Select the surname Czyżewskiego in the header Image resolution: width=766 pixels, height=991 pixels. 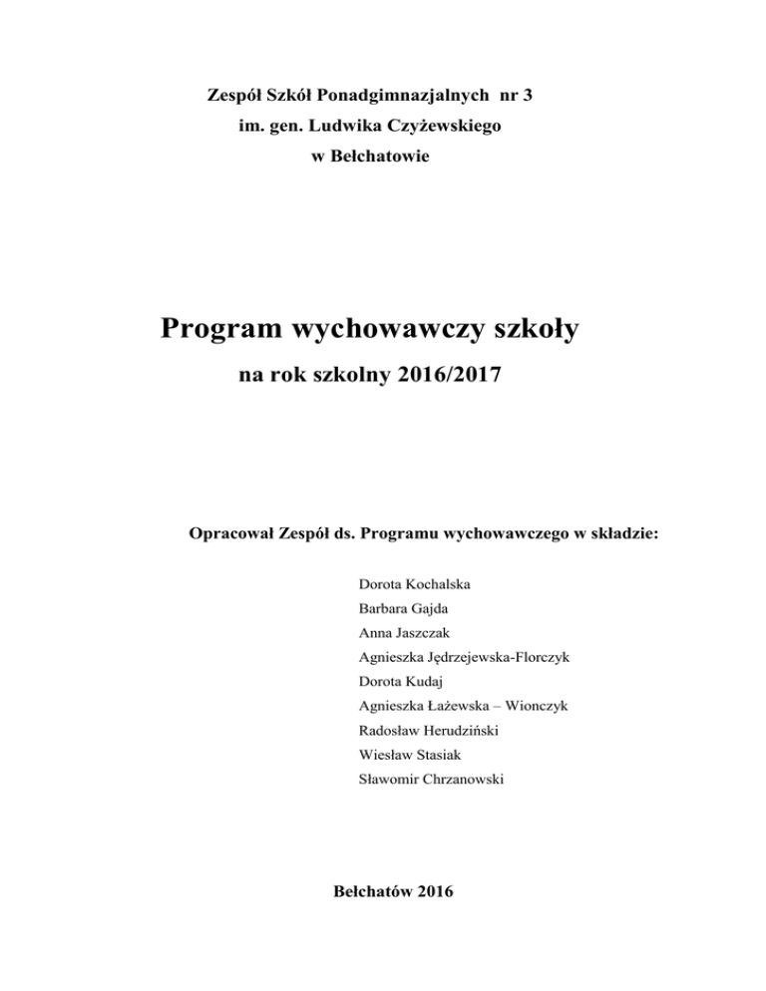[x=446, y=127]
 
